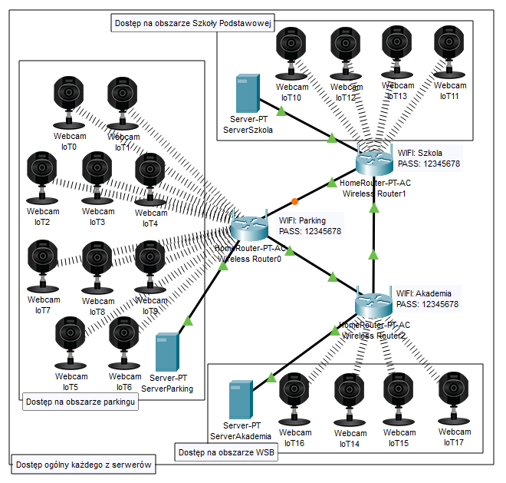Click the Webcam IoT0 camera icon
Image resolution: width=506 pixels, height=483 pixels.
tap(69, 100)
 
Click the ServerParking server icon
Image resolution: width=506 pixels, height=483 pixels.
tap(167, 352)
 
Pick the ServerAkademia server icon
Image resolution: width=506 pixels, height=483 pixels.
tap(242, 399)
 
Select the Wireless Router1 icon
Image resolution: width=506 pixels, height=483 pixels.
tap(375, 160)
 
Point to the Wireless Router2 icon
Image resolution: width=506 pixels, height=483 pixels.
tap(374, 304)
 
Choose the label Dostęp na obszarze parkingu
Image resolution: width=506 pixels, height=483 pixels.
tap(80, 402)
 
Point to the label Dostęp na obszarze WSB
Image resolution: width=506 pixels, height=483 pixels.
tap(226, 452)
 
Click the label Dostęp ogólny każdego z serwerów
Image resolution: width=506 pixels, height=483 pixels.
tap(84, 464)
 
